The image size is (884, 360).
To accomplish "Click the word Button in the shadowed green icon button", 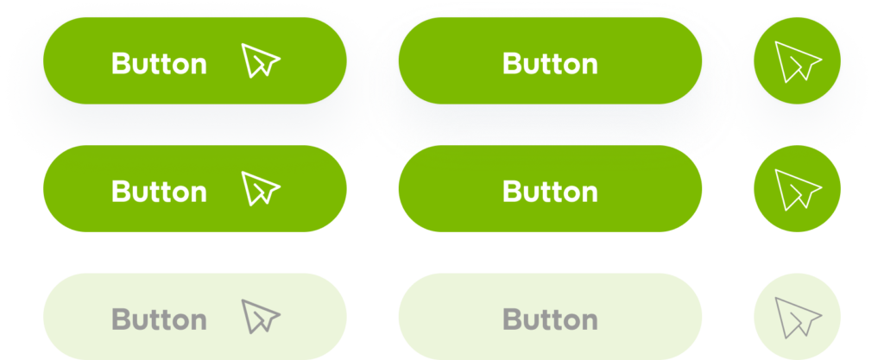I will tap(159, 64).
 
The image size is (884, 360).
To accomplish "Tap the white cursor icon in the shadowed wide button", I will tap(261, 61).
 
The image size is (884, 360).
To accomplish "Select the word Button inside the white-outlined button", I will tap(550, 64).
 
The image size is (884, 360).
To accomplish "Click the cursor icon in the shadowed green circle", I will tap(797, 62).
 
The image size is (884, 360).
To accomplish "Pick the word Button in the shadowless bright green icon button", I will tap(159, 191).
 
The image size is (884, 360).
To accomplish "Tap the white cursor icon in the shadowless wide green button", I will tap(261, 189).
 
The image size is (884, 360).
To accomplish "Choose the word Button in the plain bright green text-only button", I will tap(550, 191).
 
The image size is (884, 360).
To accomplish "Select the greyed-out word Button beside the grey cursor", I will tap(159, 319).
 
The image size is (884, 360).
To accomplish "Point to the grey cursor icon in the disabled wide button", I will tap(261, 317).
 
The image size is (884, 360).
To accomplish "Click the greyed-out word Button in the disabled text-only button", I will tap(550, 319).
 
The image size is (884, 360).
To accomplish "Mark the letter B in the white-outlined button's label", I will tap(512, 64).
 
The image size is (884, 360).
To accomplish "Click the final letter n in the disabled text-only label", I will tap(589, 321).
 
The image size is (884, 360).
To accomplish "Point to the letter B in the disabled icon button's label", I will tap(121, 319).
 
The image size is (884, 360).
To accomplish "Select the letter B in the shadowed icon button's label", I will tap(121, 64).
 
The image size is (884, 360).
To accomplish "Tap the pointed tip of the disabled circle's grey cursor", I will tap(776, 300).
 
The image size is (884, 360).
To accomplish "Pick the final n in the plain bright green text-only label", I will tap(589, 193).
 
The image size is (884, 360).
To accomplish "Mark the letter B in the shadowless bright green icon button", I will tap(121, 191).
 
